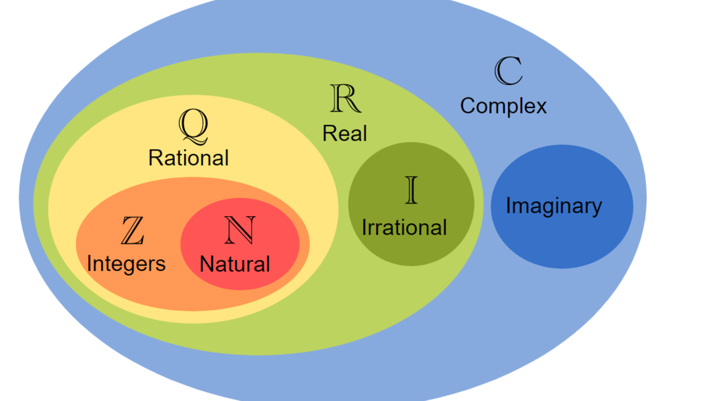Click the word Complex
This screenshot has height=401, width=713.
[503, 106]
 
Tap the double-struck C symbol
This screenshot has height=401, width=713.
[509, 71]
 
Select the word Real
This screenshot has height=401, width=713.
[345, 133]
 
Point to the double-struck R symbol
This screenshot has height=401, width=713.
[345, 99]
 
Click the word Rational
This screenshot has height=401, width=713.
[188, 157]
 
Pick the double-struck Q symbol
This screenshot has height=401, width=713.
[194, 127]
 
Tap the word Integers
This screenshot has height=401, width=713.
[126, 263]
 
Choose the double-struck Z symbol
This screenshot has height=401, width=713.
[132, 231]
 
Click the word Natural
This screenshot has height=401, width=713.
[235, 264]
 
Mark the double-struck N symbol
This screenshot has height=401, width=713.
[240, 230]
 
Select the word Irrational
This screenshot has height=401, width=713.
[404, 227]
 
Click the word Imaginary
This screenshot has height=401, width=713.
[554, 206]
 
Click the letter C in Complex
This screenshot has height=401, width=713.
[468, 106]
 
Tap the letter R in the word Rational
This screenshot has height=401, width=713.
[154, 157]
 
